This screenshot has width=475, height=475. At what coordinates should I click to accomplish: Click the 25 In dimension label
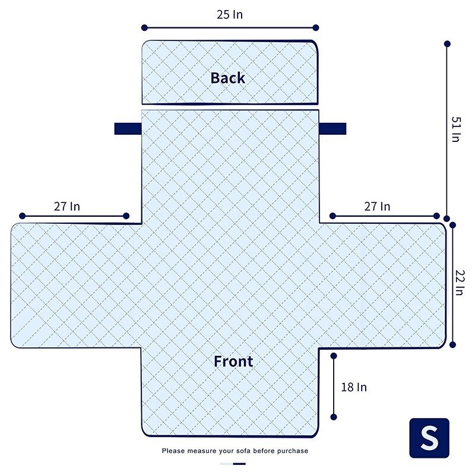230,14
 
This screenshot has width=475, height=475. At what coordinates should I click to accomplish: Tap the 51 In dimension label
456,129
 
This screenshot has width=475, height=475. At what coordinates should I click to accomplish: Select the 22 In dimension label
460,283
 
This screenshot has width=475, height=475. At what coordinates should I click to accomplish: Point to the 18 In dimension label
354,387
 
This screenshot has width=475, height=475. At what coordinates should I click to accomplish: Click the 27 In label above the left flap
67,207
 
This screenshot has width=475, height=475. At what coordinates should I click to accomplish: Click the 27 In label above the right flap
377,207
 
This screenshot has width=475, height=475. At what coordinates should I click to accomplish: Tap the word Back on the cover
228,78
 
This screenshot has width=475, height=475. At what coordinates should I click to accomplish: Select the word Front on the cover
233,361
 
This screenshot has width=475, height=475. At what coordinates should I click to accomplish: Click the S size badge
429,438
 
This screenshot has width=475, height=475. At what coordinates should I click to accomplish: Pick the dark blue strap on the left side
128,129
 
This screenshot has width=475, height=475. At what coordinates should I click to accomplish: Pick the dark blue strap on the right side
332,129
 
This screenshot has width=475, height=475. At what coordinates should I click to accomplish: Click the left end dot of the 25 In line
144,28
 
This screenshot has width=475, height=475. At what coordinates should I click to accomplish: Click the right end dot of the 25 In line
316,28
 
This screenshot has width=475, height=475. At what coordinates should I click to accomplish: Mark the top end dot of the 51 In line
447,44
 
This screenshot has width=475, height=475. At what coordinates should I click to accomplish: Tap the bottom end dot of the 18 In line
334,417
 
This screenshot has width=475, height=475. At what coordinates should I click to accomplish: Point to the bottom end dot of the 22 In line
452,345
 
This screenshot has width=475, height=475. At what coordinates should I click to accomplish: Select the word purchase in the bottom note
293,451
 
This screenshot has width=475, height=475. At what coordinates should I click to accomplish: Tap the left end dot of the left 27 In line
22,216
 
